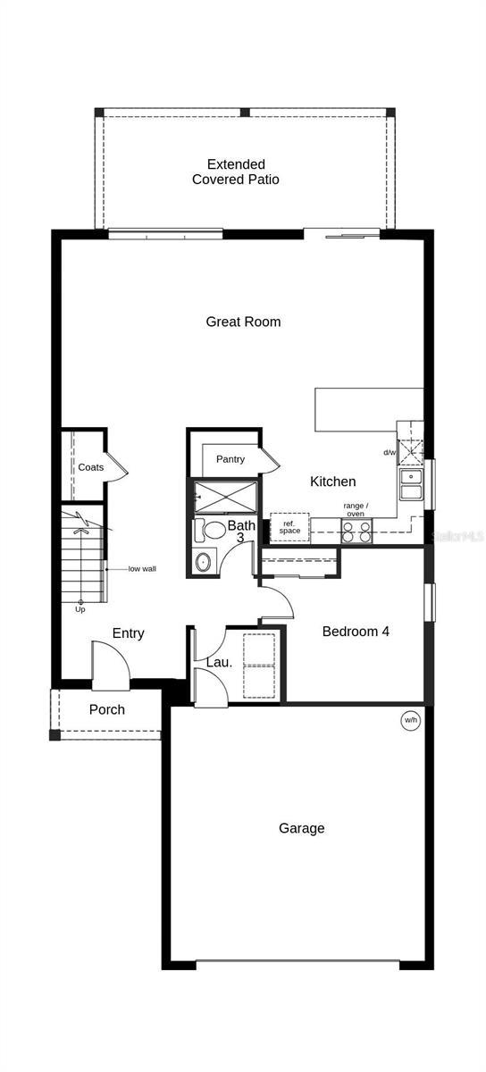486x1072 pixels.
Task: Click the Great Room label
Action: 243,322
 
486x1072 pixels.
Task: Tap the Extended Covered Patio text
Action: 236,172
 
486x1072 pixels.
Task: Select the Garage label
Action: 302,828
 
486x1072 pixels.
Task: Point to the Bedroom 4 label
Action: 356,632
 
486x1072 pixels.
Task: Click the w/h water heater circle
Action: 411,720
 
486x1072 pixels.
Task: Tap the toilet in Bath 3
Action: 211,531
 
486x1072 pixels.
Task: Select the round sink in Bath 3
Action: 204,561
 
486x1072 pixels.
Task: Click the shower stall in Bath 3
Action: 225,498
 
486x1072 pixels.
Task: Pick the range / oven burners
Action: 356,532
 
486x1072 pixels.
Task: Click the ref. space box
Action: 289,527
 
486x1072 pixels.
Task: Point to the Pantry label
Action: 230,459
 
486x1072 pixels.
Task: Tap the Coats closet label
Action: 90,467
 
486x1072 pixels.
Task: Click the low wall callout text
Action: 142,569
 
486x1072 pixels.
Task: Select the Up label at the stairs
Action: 80,609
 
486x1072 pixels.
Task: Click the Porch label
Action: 107,709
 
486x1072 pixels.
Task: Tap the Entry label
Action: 128,633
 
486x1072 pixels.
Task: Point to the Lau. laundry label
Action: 219,663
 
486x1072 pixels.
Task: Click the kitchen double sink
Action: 411,484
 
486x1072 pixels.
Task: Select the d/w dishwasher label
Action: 390,452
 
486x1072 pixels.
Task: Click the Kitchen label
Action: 332,482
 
